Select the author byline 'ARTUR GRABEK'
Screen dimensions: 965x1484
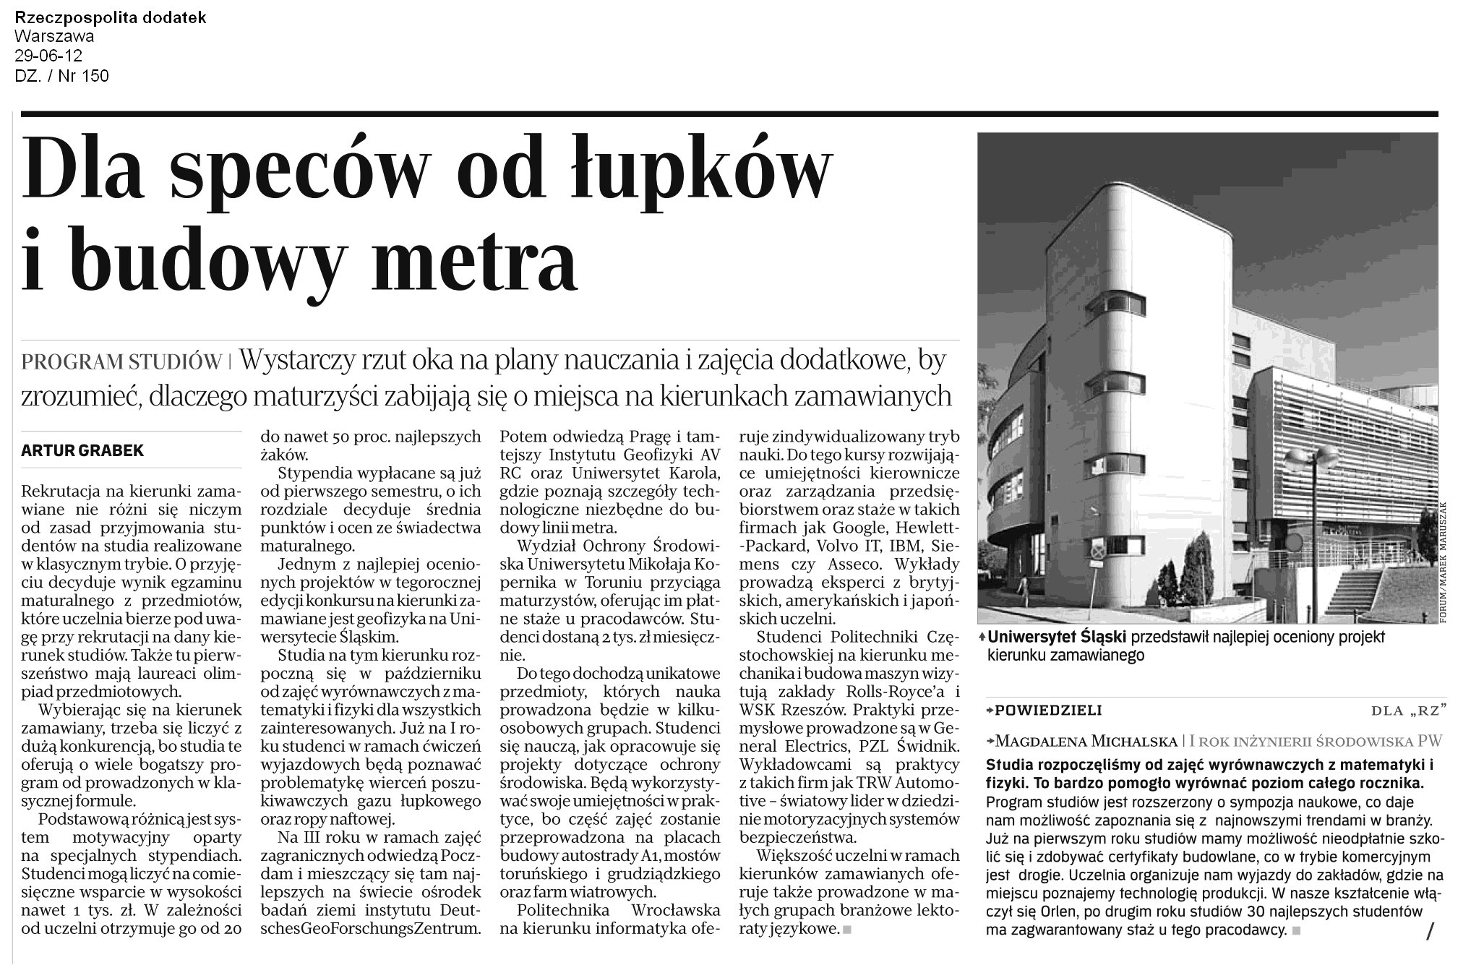coord(82,451)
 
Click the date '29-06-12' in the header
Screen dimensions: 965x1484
coord(48,56)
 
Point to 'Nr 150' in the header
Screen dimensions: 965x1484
coord(85,75)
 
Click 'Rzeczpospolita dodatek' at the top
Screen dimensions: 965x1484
coord(110,17)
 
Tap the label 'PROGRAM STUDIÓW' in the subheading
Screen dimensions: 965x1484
coord(121,361)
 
